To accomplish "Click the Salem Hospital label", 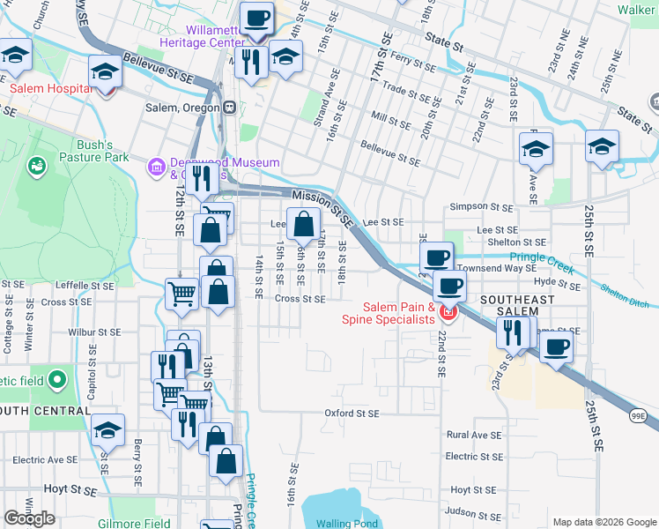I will click(51, 89).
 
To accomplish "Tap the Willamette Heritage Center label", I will click(203, 35).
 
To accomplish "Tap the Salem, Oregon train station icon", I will click(229, 108).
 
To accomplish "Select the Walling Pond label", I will click(346, 523).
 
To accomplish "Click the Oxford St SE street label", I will click(351, 413).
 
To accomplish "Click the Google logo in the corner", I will click(29, 518).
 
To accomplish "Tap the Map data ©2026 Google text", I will click(603, 522).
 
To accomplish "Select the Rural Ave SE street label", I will click(474, 435).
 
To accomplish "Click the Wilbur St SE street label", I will click(95, 333).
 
